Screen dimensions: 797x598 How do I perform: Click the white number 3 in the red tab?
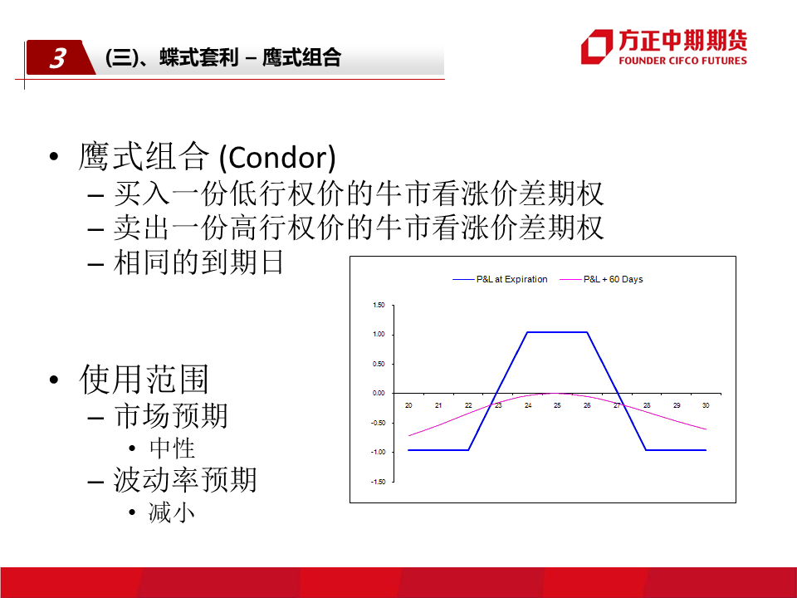pyautogui.click(x=58, y=58)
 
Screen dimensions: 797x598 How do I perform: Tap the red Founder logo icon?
pyautogui.click(x=597, y=47)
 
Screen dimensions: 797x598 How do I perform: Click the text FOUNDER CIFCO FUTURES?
pyautogui.click(x=682, y=61)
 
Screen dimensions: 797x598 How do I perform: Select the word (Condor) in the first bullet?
pyautogui.click(x=277, y=158)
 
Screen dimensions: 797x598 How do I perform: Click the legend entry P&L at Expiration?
pyautogui.click(x=500, y=279)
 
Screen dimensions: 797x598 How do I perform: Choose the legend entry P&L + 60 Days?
pyautogui.click(x=601, y=279)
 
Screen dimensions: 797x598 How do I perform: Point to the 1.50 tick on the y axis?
pyautogui.click(x=379, y=305)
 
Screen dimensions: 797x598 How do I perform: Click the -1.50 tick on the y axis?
pyautogui.click(x=378, y=482)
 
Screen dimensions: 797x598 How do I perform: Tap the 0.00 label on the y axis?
pyautogui.click(x=379, y=393)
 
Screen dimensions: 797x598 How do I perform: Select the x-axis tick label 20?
pyautogui.click(x=408, y=405)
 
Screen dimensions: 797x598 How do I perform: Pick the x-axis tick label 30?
pyautogui.click(x=706, y=405)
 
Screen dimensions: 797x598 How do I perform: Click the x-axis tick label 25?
pyautogui.click(x=557, y=405)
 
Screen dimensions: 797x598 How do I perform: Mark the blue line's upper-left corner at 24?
pyautogui.click(x=528, y=332)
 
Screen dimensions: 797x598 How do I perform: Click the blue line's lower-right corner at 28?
pyautogui.click(x=646, y=450)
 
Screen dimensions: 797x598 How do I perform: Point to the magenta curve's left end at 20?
pyautogui.click(x=408, y=436)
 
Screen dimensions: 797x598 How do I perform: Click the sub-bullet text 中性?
pyautogui.click(x=173, y=448)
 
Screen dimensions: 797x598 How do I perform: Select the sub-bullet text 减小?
pyautogui.click(x=172, y=512)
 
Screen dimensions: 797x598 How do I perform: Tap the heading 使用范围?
pyautogui.click(x=144, y=380)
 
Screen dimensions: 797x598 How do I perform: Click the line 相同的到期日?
pyautogui.click(x=198, y=262)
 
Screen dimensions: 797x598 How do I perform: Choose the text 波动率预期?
pyautogui.click(x=185, y=479)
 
